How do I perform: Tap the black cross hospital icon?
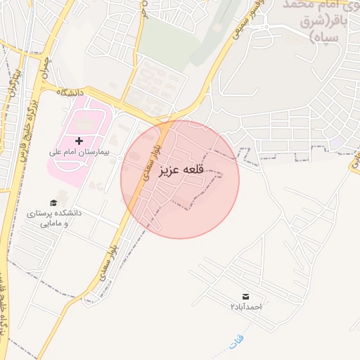point(79,141)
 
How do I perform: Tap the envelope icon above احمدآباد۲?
point(245,297)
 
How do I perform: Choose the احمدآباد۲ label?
point(245,307)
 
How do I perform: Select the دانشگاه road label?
point(71,92)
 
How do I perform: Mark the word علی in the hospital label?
point(56,151)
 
